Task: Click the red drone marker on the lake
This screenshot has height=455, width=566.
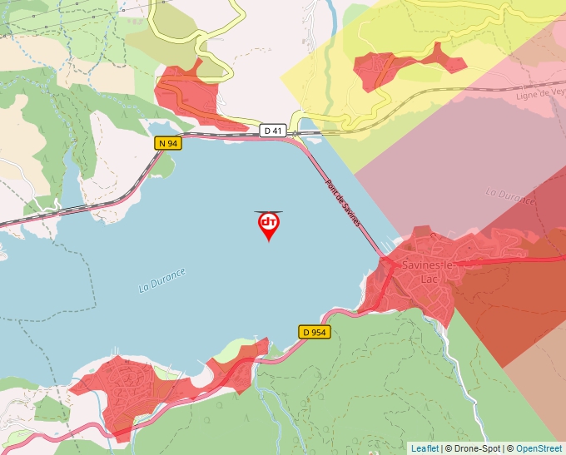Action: tap(269, 225)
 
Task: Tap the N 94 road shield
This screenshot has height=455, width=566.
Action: tap(168, 143)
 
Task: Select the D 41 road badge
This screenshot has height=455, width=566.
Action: tap(273, 131)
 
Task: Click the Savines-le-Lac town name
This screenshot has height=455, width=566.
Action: tap(426, 271)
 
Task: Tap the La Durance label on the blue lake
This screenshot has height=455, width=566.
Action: tap(162, 280)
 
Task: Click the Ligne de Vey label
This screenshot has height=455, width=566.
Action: tap(541, 94)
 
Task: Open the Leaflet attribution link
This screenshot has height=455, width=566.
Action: tap(424, 448)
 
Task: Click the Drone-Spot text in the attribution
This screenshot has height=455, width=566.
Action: tap(475, 448)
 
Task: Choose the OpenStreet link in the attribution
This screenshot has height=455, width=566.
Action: tap(539, 448)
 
